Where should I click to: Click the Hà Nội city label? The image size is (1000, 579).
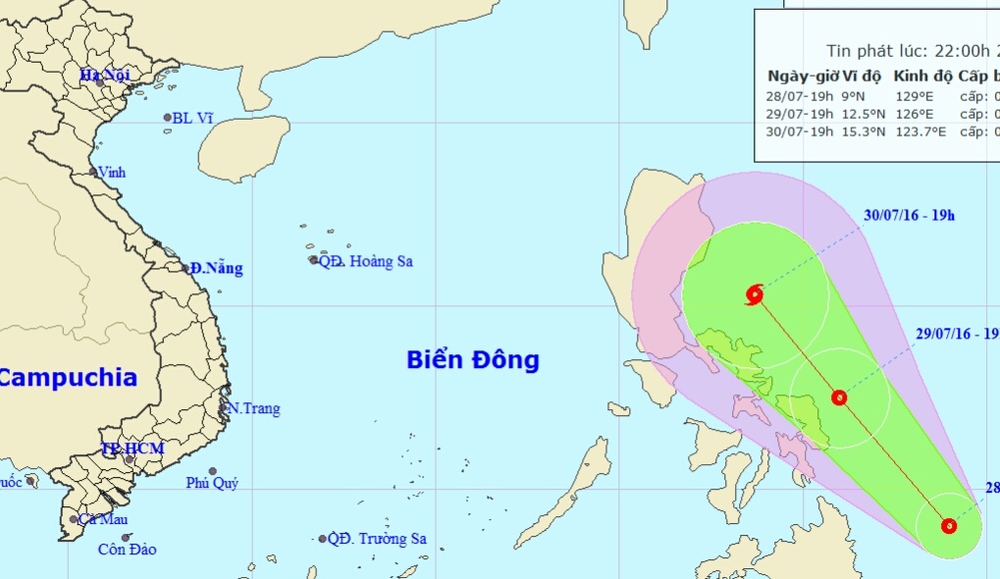tap(104, 75)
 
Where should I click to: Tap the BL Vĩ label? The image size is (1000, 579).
tap(192, 118)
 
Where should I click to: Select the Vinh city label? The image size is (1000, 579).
tap(112, 173)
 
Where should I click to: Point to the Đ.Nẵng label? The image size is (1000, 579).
tap(217, 268)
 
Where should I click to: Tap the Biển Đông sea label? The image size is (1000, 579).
tap(473, 360)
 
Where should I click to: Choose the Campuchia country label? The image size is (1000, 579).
tap(67, 377)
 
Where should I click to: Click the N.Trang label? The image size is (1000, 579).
tap(253, 408)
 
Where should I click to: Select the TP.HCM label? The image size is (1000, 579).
tap(132, 448)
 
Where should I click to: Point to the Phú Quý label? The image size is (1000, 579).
tap(212, 483)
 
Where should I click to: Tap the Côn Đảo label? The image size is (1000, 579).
tap(127, 550)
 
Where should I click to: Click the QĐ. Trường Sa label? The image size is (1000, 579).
tap(378, 539)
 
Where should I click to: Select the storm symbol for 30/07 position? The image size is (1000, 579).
tap(755, 293)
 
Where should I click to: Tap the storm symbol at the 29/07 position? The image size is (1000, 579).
tap(839, 397)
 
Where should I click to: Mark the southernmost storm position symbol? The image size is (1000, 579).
tap(949, 526)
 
